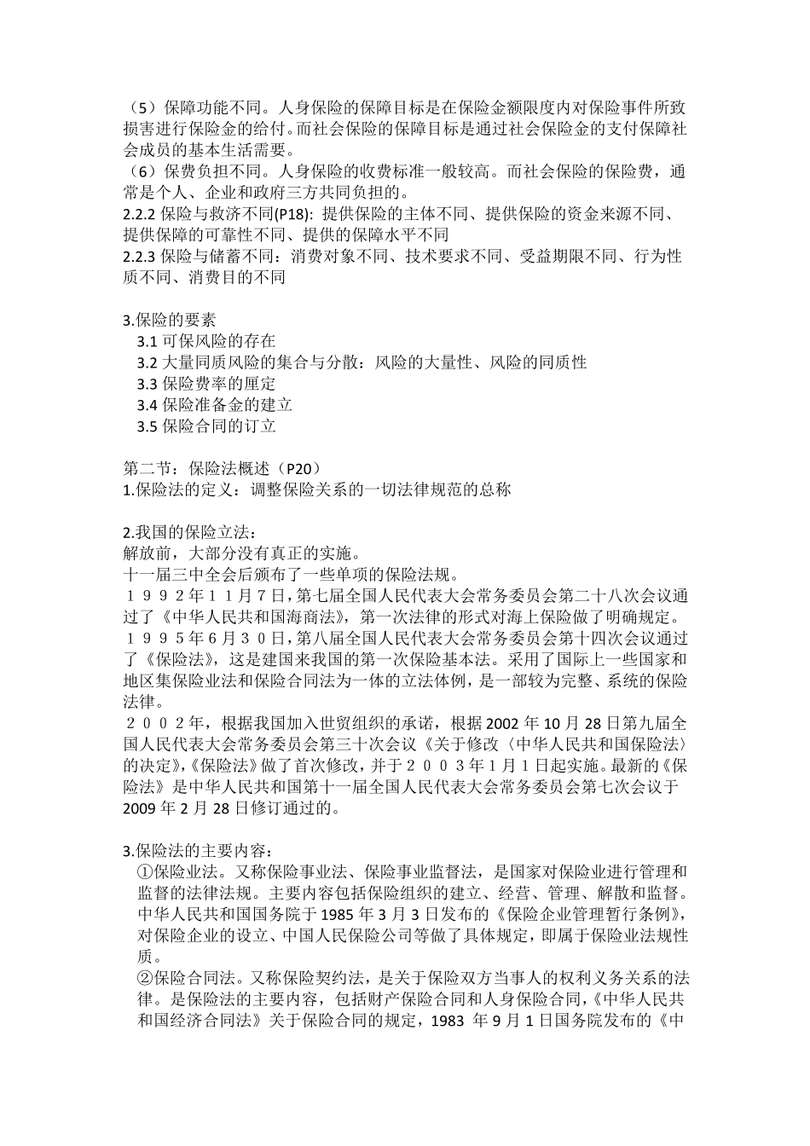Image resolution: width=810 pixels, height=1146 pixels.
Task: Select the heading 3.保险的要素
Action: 170,321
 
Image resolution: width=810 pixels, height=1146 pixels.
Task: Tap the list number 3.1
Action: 147,342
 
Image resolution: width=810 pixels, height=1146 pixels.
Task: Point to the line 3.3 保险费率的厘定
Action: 206,384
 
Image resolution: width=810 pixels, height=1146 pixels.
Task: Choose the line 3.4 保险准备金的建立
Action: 214,405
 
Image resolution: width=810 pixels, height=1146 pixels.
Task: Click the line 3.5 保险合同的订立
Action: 206,426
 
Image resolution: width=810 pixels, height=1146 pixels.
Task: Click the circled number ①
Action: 146,871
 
